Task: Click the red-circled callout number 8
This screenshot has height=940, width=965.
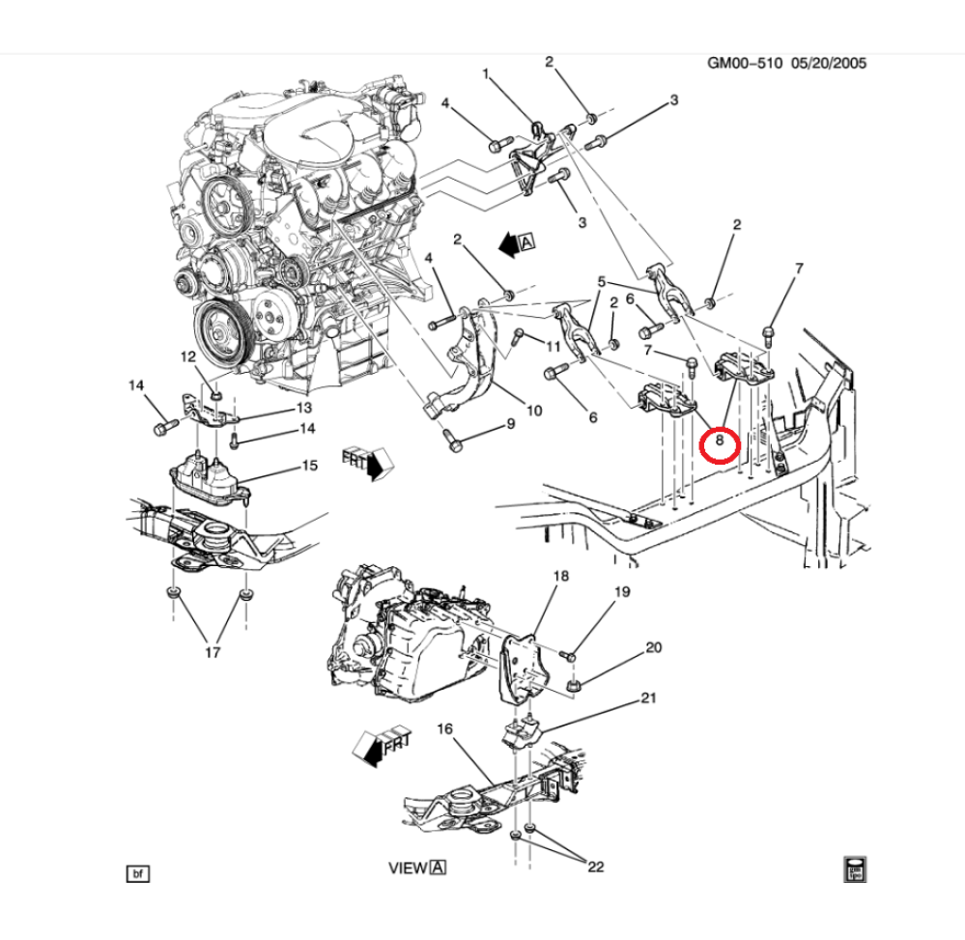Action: pyautogui.click(x=719, y=441)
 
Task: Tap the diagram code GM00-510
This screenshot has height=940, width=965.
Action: pyautogui.click(x=745, y=63)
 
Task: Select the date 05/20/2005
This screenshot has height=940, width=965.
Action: pyautogui.click(x=829, y=63)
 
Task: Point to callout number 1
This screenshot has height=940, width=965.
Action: pyautogui.click(x=486, y=73)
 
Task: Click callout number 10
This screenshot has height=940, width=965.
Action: pyautogui.click(x=533, y=410)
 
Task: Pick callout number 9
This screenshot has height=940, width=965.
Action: pyautogui.click(x=511, y=423)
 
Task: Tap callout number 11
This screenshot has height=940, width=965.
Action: pyautogui.click(x=553, y=347)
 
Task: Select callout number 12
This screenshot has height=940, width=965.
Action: pyautogui.click(x=187, y=356)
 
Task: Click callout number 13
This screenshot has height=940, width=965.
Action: pyautogui.click(x=304, y=408)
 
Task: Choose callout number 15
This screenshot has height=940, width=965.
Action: pyautogui.click(x=309, y=466)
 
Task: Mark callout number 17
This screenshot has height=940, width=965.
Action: pyautogui.click(x=213, y=652)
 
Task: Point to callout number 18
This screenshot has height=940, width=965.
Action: pyautogui.click(x=560, y=576)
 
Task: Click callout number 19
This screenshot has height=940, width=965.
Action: pyautogui.click(x=622, y=591)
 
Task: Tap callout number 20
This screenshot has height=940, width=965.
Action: pyautogui.click(x=654, y=647)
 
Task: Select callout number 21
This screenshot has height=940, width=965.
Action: pyautogui.click(x=649, y=698)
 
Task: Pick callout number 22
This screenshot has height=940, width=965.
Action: pyautogui.click(x=596, y=867)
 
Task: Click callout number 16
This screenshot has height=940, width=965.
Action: pyautogui.click(x=444, y=728)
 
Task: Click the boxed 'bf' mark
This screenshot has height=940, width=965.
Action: pyautogui.click(x=138, y=873)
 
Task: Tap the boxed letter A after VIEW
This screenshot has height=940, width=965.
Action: pyautogui.click(x=439, y=868)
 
